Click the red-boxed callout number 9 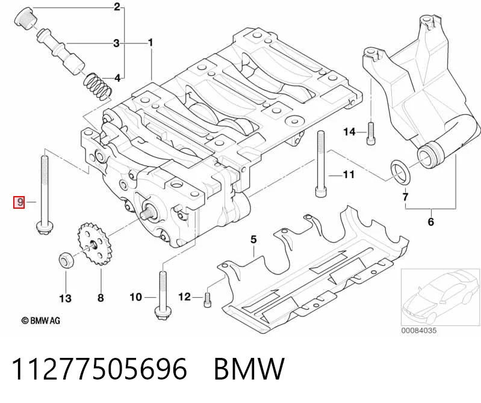pos(19,202)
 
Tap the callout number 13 pos(66,298)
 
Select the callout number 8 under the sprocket pos(101,298)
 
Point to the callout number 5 pos(253,239)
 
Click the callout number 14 pos(349,132)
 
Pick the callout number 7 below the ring pos(406,197)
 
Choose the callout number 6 pos(431,221)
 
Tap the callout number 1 pos(151,43)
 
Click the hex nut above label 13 pos(66,260)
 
